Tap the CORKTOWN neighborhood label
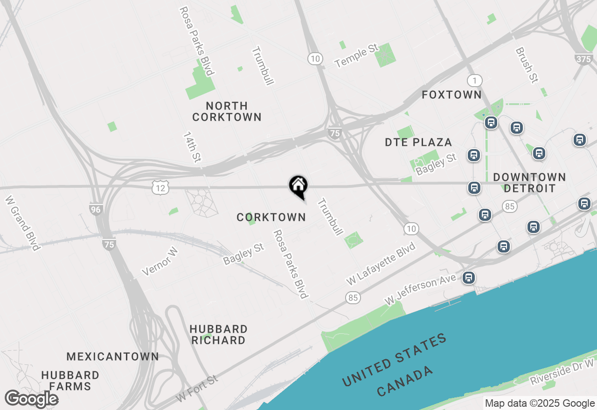pyautogui.click(x=271, y=217)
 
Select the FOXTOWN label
pyautogui.click(x=451, y=95)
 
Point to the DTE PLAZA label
pyautogui.click(x=418, y=142)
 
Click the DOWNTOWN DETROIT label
pyautogui.click(x=529, y=183)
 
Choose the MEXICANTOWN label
pyautogui.click(x=112, y=357)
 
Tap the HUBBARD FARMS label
pyautogui.click(x=70, y=381)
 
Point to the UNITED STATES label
pyautogui.click(x=394, y=360)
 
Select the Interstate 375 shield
pyautogui.click(x=583, y=59)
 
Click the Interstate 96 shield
pyautogui.click(x=96, y=210)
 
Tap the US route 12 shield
pyautogui.click(x=160, y=188)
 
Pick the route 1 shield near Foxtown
pyautogui.click(x=474, y=81)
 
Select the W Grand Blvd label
pyautogui.click(x=22, y=223)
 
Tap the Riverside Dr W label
pyautogui.click(x=562, y=372)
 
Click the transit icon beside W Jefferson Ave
pyautogui.click(x=469, y=278)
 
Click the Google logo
pyautogui.click(x=31, y=399)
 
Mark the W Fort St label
pyautogui.click(x=197, y=389)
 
